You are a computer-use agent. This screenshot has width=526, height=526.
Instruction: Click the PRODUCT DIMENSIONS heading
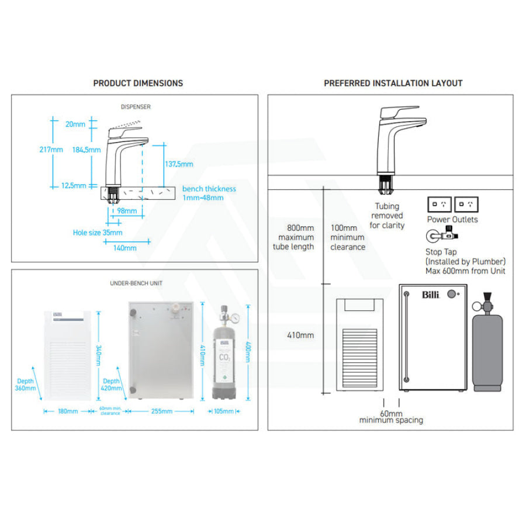[138, 83]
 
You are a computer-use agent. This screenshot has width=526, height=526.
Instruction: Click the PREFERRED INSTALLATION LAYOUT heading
[393, 83]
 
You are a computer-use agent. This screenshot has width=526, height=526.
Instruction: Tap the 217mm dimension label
[51, 150]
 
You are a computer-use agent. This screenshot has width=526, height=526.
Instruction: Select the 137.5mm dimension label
[178, 164]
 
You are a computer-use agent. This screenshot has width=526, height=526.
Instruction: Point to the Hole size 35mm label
[98, 233]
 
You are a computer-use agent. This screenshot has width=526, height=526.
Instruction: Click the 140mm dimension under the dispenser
[124, 248]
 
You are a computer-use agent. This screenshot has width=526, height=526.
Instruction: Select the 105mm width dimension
[223, 411]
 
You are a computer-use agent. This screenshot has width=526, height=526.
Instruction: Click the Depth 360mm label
[26, 385]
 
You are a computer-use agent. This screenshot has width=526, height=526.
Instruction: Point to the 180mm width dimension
[68, 411]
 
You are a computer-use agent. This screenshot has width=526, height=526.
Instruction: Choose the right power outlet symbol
[466, 205]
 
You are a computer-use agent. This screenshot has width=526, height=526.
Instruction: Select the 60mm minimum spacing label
[391, 417]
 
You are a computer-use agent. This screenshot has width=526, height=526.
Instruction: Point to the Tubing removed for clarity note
[387, 216]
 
